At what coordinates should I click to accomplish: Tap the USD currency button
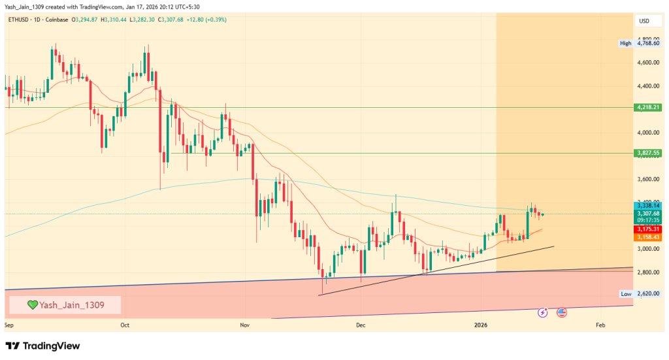point(644,21)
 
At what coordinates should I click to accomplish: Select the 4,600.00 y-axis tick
point(648,63)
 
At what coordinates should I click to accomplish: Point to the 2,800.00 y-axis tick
point(648,272)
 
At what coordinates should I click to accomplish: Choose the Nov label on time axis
point(244,324)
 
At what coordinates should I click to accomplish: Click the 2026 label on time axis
point(481,324)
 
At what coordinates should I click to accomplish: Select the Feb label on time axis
point(600,324)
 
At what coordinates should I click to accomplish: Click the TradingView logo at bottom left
point(42,346)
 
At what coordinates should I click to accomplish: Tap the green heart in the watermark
point(32,304)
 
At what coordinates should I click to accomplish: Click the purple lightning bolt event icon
point(542,313)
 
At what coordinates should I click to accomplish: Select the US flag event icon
point(561,313)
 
